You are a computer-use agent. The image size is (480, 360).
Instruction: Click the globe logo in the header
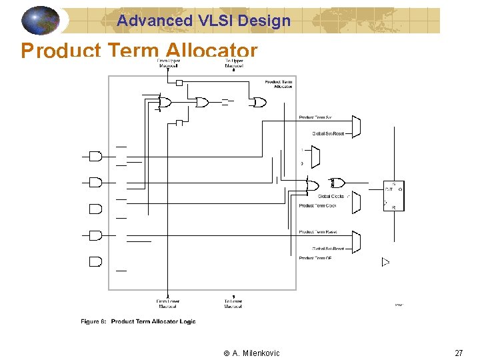pos(41,21)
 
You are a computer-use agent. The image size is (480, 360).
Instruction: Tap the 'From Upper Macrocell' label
pos(167,63)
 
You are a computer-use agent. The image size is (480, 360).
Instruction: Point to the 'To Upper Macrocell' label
pos(234,63)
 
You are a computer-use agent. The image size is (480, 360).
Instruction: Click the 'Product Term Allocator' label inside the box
pos(279,84)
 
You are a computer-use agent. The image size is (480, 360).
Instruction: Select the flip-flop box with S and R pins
pos(393,196)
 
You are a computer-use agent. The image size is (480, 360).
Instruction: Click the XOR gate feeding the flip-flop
pos(337,183)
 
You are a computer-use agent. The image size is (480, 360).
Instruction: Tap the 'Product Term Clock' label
pos(317,205)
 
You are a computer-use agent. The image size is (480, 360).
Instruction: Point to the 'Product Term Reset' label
pos(318,232)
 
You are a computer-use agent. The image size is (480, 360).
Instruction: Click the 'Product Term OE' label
pos(315,258)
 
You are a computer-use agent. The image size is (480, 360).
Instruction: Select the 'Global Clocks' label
pos(331,196)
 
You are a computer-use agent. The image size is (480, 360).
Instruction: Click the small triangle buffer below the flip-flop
pos(385,262)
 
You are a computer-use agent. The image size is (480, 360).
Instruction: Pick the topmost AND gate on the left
pos(96,156)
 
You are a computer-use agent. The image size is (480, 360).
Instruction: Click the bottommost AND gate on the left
pos(96,261)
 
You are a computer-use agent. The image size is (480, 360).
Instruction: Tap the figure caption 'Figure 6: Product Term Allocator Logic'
pos(139,321)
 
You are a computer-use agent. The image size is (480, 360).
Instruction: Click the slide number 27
pos(459,353)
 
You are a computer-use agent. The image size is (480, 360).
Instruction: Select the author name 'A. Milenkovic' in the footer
pos(256,353)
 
